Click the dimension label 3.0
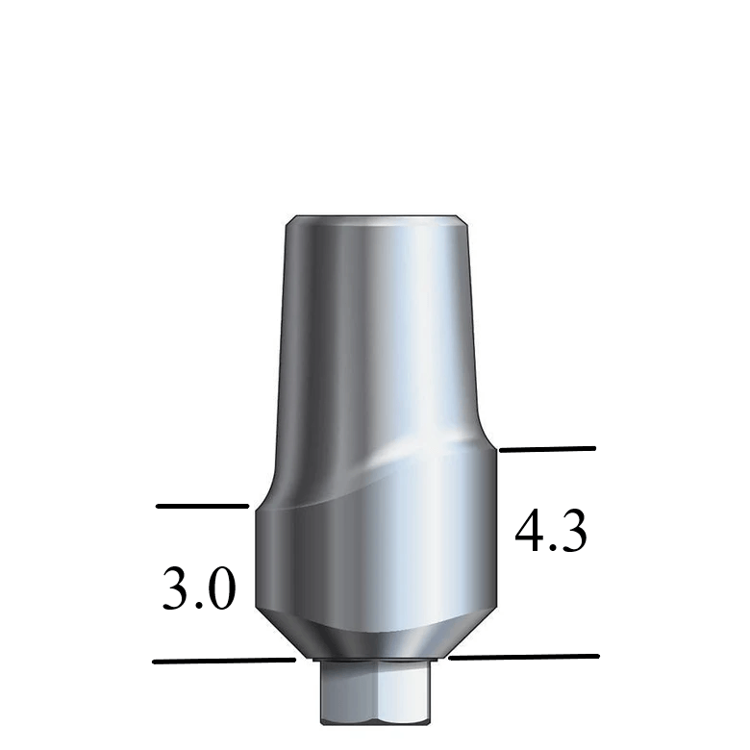198,589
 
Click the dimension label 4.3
551,531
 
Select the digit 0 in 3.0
219,589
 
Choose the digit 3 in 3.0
176,589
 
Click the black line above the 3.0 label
202,506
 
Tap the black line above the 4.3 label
547,449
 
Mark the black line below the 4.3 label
523,658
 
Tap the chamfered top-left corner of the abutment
289,223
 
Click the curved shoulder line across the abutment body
375,481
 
